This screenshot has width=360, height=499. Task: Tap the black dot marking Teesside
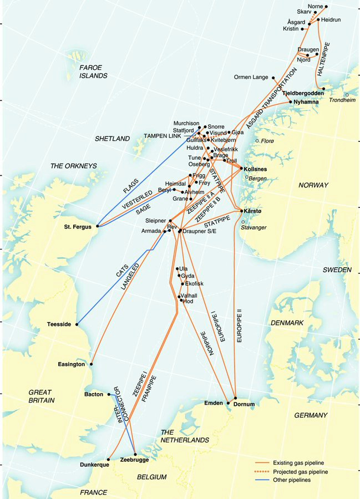[x=77, y=324]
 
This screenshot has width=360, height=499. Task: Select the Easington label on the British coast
[x=72, y=364]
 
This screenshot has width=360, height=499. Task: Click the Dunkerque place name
[x=94, y=465]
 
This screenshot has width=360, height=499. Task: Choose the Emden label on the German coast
[x=214, y=403]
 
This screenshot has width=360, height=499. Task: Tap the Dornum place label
[x=244, y=405]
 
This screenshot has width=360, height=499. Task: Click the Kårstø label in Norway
[x=253, y=211]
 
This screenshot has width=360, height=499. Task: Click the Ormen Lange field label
[x=251, y=78]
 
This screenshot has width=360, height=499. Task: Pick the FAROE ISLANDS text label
[x=93, y=71]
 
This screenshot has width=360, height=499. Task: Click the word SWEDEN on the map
[x=337, y=269]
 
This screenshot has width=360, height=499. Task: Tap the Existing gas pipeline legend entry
[x=298, y=462]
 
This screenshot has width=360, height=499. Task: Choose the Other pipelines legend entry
[x=291, y=480]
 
